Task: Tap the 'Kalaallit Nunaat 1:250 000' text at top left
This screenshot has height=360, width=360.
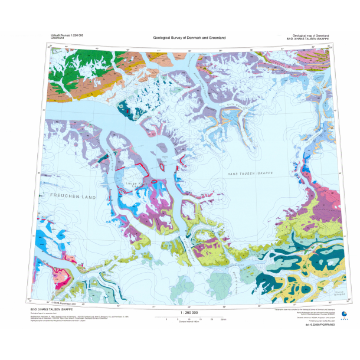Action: pyautogui.click(x=65, y=35)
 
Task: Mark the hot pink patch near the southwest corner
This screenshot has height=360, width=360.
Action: pyautogui.click(x=63, y=275)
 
